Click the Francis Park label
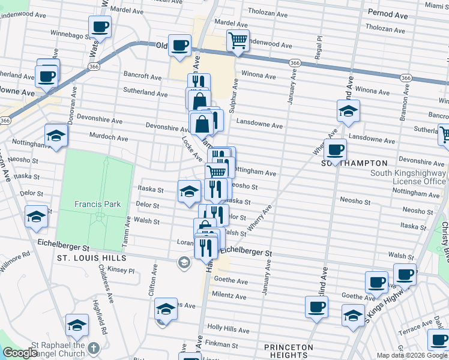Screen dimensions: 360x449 [97, 204]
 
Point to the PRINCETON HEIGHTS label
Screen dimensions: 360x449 [289, 351]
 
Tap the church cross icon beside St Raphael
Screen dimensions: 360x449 [94, 348]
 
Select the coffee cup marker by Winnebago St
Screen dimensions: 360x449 [100, 26]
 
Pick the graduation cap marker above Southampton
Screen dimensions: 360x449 [348, 112]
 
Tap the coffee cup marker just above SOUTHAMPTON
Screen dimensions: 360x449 [335, 149]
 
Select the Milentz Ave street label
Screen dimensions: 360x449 [229, 296]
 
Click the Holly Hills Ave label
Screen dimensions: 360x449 [228, 329]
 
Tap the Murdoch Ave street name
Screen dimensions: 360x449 [109, 138]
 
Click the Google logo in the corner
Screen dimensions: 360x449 [20, 353]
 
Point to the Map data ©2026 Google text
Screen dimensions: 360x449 [412, 355]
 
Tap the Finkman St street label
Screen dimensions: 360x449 [222, 345]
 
